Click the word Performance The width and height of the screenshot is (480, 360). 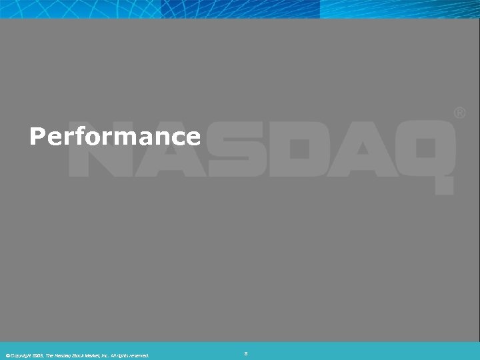click(115, 137)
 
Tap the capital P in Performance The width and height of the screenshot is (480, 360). click(36, 137)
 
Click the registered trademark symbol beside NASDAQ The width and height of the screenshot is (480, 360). click(459, 114)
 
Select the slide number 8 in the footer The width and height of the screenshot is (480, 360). click(246, 353)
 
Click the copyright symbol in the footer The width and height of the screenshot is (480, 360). click(6, 355)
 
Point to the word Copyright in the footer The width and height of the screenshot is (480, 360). click(19, 355)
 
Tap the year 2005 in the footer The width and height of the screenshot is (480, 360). click(36, 355)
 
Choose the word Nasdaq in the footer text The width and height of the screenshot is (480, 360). click(62, 355)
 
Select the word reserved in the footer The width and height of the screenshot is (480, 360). click(139, 355)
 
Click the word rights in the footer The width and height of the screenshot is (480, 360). click(122, 355)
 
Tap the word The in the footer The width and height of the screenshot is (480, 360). click(49, 355)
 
